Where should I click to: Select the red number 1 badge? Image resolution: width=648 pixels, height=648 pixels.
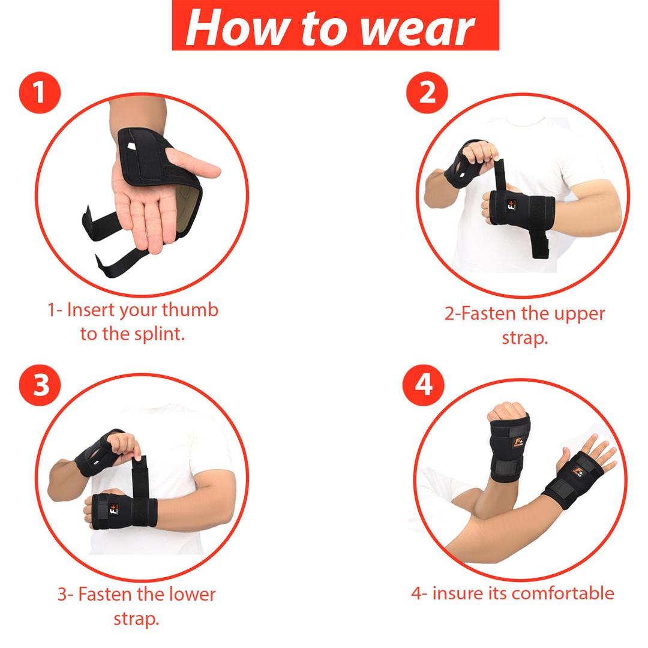pyautogui.click(x=40, y=93)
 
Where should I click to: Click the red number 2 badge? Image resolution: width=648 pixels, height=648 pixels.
pyautogui.click(x=427, y=93)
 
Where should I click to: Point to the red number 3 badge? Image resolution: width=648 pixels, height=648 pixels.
pyautogui.click(x=40, y=385)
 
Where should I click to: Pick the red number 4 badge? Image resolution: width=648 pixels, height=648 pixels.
pyautogui.click(x=424, y=383)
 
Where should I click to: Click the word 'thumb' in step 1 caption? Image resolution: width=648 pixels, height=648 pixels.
pyautogui.click(x=190, y=310)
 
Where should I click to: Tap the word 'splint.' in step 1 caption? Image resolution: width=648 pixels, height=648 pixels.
pyautogui.click(x=157, y=334)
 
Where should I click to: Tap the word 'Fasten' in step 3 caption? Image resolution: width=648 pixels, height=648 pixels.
pyautogui.click(x=105, y=594)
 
